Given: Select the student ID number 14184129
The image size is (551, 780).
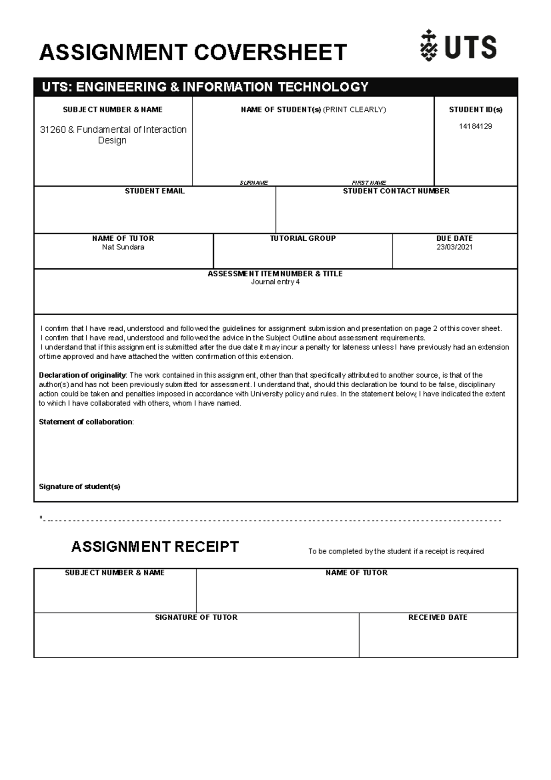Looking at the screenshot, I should click(475, 126).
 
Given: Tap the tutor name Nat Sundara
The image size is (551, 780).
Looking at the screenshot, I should click(123, 247).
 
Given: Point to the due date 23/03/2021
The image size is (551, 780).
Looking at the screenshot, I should click(454, 247).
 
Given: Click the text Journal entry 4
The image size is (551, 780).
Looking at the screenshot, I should click(275, 282).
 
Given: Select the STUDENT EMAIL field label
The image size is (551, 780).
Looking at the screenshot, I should click(154, 191).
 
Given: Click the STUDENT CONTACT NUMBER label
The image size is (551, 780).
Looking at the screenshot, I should click(396, 191).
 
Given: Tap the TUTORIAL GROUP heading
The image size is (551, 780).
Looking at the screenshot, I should click(303, 238).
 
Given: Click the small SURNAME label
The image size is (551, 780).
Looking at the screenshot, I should click(253, 183).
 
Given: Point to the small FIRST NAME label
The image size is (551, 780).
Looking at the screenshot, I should click(369, 183).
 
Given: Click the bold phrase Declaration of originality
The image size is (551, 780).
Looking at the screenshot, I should click(82, 375).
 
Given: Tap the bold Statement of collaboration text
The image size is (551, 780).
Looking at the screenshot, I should click(86, 422).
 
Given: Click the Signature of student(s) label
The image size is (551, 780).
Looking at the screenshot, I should click(79, 486).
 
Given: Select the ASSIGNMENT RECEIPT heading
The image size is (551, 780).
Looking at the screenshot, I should click(155, 547).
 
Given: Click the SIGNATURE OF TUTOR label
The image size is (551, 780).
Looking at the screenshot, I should click(196, 617).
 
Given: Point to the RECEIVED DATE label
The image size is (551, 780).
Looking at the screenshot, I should click(438, 617).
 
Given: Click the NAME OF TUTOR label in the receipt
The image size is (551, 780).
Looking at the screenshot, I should click(356, 573).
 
